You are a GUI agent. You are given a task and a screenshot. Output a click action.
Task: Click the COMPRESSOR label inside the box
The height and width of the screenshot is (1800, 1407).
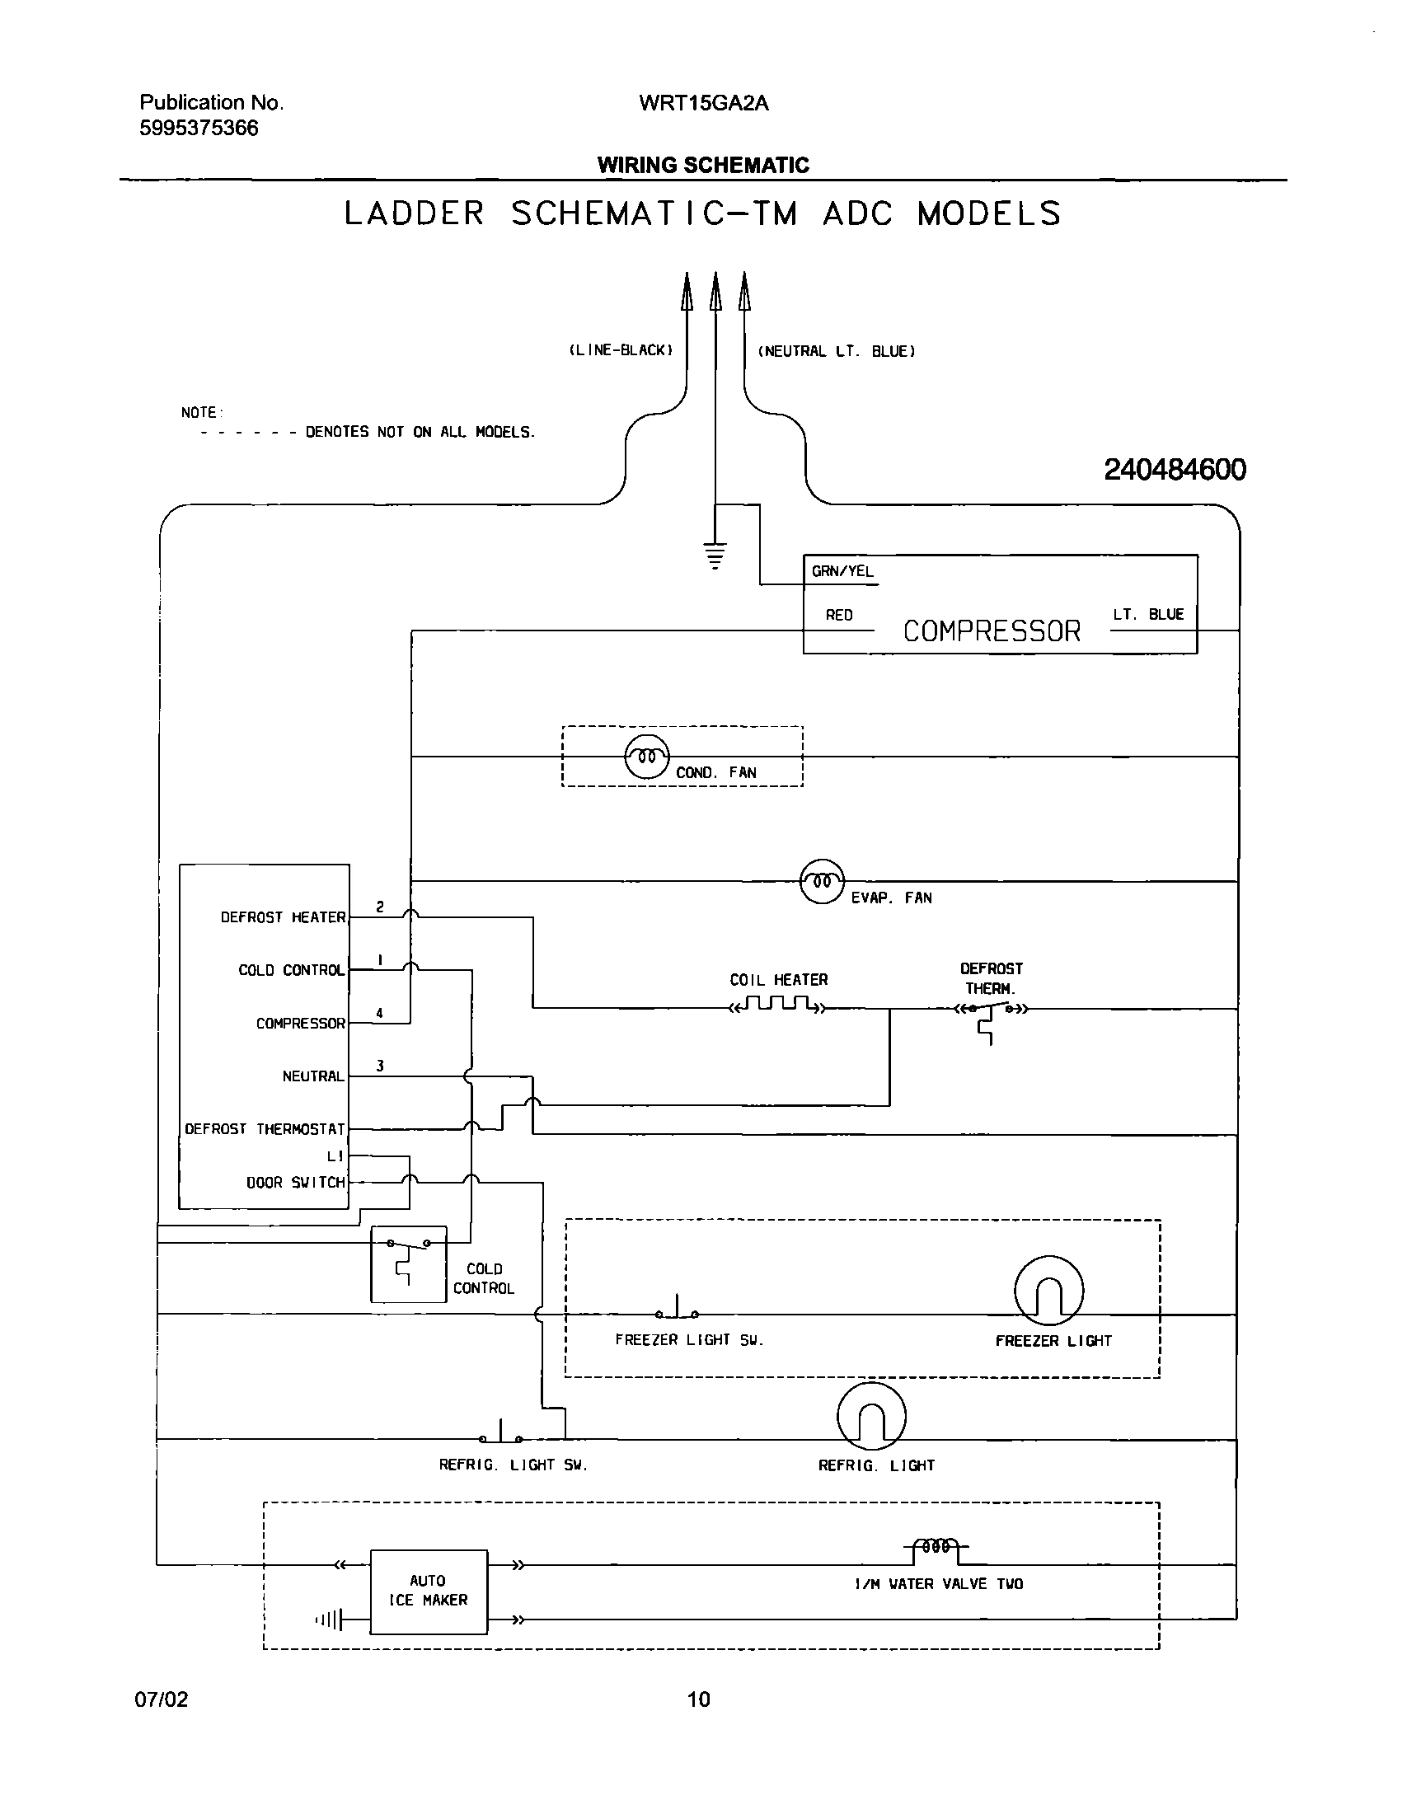(x=992, y=631)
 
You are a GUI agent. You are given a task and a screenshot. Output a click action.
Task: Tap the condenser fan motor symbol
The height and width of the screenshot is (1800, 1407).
(x=647, y=756)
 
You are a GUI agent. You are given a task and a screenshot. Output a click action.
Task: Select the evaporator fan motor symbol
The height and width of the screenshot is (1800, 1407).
(x=822, y=881)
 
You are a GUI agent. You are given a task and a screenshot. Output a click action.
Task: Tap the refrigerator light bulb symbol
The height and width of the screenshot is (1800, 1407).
(x=871, y=1416)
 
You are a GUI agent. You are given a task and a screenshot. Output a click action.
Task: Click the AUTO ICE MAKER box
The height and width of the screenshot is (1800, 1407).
(x=429, y=1591)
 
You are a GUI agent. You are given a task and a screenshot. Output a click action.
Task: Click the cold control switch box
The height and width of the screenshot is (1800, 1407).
(x=408, y=1263)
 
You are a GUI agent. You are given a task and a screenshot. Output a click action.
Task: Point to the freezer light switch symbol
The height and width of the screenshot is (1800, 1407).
(x=678, y=1310)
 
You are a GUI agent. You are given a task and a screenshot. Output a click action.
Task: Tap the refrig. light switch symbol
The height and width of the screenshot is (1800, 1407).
(x=501, y=1435)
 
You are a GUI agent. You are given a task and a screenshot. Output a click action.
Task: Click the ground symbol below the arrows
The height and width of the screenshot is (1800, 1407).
(x=715, y=555)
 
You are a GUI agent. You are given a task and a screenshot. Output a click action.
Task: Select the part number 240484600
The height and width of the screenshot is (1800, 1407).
(x=1175, y=471)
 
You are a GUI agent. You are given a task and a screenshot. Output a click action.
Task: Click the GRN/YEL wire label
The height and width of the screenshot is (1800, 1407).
(x=842, y=571)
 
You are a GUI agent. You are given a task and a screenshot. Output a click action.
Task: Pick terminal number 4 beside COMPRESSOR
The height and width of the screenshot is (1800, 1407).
(x=380, y=1013)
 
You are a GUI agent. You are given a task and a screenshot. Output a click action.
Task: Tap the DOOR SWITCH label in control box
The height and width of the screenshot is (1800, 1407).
(x=296, y=1183)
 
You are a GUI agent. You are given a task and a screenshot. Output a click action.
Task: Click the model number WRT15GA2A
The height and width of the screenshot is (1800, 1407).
(x=703, y=103)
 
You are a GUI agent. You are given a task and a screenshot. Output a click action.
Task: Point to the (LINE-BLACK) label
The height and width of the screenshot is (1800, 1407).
(x=621, y=350)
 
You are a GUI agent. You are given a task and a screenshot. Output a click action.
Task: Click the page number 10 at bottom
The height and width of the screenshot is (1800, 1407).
(x=698, y=1699)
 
